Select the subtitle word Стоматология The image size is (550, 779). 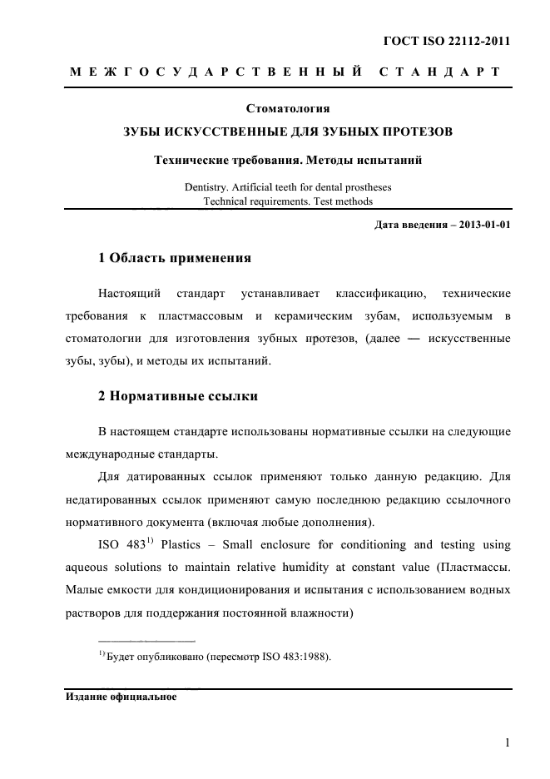click(x=288, y=109)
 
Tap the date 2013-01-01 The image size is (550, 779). click(x=480, y=225)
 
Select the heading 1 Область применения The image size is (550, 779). click(x=175, y=258)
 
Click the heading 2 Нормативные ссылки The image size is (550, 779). click(x=178, y=396)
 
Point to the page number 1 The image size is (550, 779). click(x=507, y=743)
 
